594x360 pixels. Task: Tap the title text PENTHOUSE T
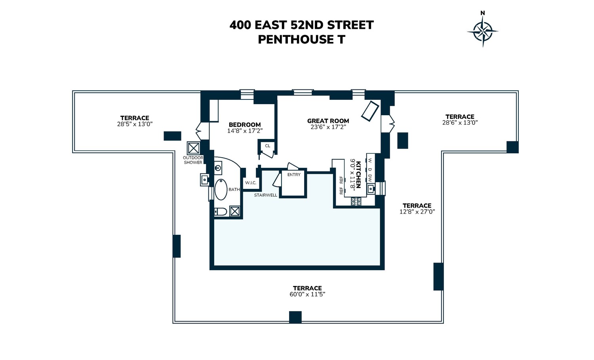(x=301, y=40)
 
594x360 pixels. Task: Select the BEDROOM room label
(x=245, y=125)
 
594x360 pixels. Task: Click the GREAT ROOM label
(x=328, y=121)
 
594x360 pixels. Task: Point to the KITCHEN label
(x=358, y=175)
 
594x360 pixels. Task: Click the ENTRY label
(x=294, y=175)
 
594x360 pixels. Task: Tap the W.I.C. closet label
(x=251, y=183)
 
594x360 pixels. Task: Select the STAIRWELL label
(x=265, y=195)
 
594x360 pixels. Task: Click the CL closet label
(x=268, y=146)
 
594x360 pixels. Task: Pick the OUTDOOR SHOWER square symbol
(x=193, y=148)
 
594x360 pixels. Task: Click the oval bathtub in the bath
(x=221, y=189)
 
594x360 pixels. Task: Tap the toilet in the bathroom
(x=220, y=211)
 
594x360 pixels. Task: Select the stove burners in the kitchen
(x=356, y=201)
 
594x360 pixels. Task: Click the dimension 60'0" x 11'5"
(x=307, y=294)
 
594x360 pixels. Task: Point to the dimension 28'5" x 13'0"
(x=135, y=124)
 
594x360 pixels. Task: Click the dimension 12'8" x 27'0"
(x=417, y=212)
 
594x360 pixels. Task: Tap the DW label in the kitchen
(x=370, y=179)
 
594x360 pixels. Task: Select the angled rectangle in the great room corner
(x=370, y=111)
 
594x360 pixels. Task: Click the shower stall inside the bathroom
(x=235, y=211)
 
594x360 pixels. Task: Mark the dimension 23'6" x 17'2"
(x=328, y=127)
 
